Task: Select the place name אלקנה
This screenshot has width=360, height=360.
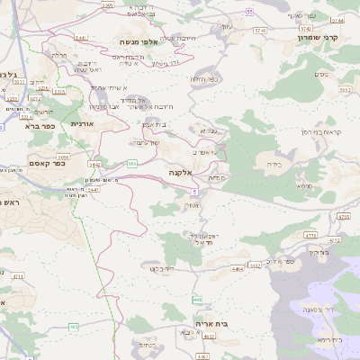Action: [179, 171]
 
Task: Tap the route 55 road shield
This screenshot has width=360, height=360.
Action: [249, 10]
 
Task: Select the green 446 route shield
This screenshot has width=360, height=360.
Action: [196, 299]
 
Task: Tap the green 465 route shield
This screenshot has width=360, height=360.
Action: [74, 326]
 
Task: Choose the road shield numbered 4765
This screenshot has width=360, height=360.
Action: [343, 217]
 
